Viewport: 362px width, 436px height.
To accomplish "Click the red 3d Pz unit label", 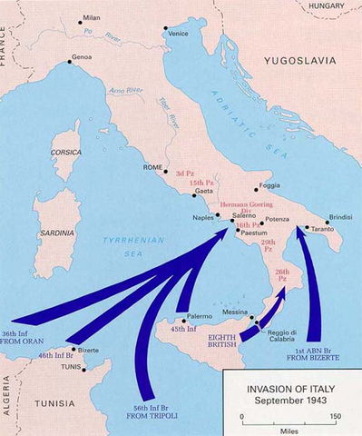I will coord(185,173).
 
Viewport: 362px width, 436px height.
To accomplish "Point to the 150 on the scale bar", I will coord(335,418).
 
